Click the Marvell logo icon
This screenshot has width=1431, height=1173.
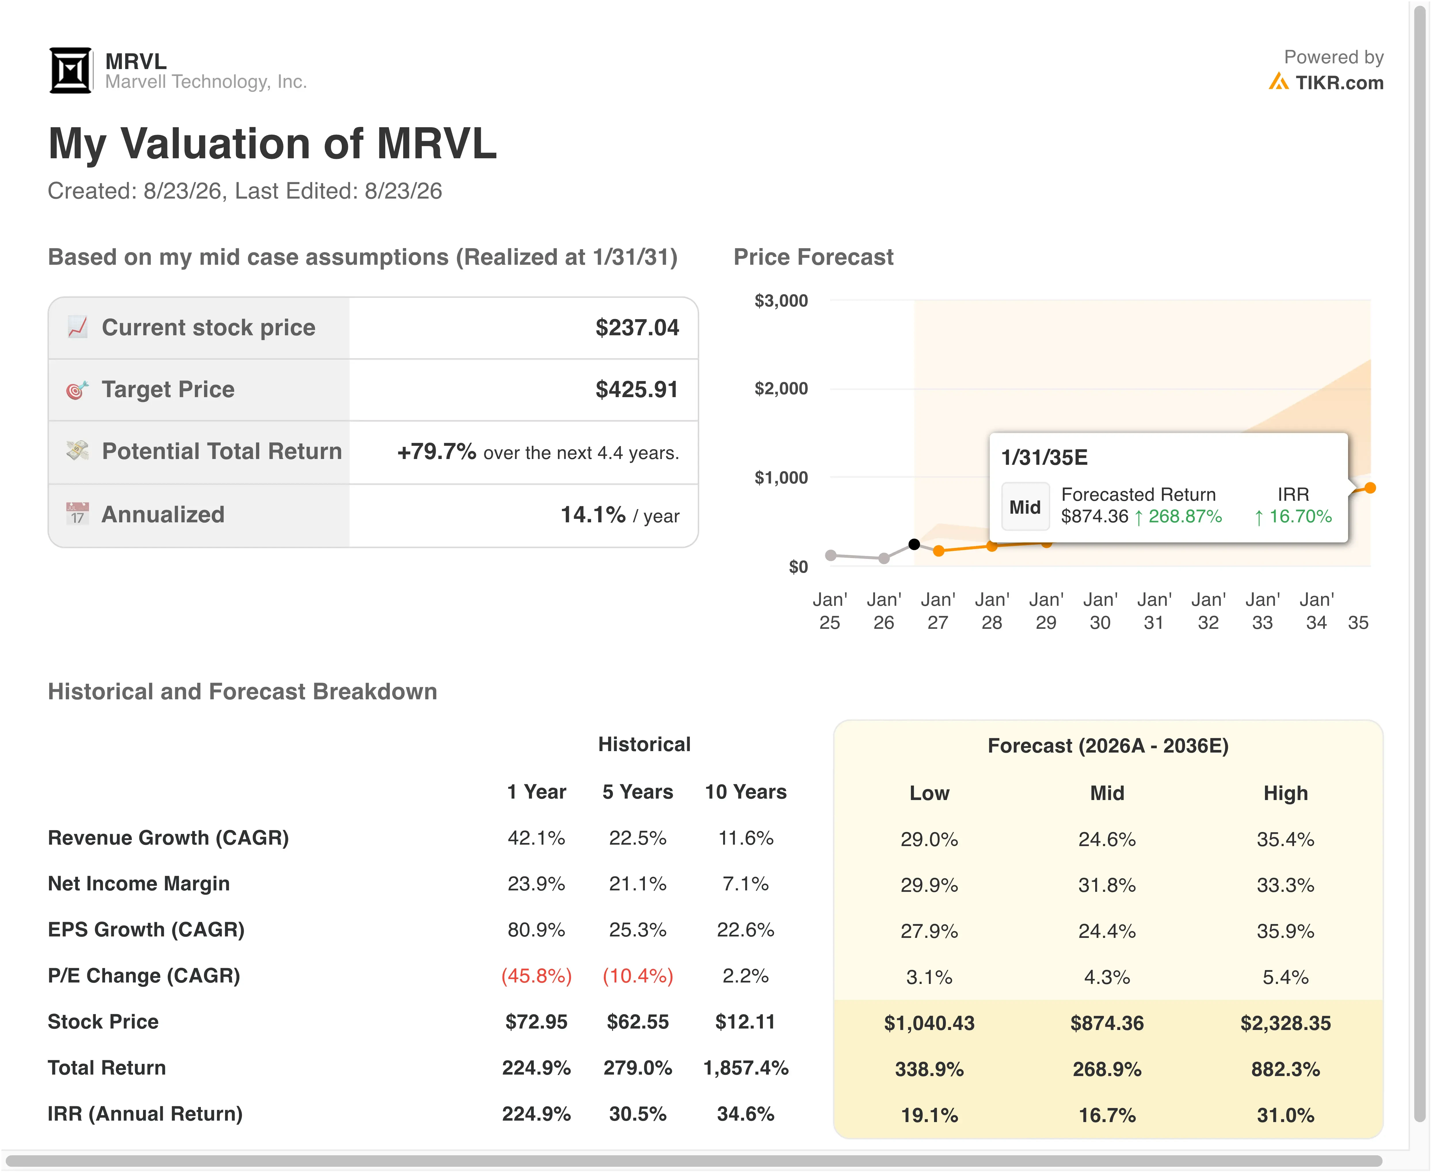click(x=70, y=70)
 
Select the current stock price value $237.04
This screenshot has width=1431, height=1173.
click(x=637, y=328)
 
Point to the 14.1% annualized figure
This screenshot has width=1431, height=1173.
click(x=592, y=515)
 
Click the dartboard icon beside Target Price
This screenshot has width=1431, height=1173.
click(x=77, y=390)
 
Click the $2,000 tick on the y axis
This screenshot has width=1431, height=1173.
click(x=781, y=389)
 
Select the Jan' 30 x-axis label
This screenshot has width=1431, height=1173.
click(x=1100, y=611)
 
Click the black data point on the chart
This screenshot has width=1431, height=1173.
click(x=914, y=544)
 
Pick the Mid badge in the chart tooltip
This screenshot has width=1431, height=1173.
click(x=1025, y=507)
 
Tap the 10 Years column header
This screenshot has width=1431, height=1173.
click(x=746, y=792)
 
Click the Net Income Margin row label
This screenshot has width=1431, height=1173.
click(x=138, y=884)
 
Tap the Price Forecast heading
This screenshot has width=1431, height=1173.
click(x=813, y=258)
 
